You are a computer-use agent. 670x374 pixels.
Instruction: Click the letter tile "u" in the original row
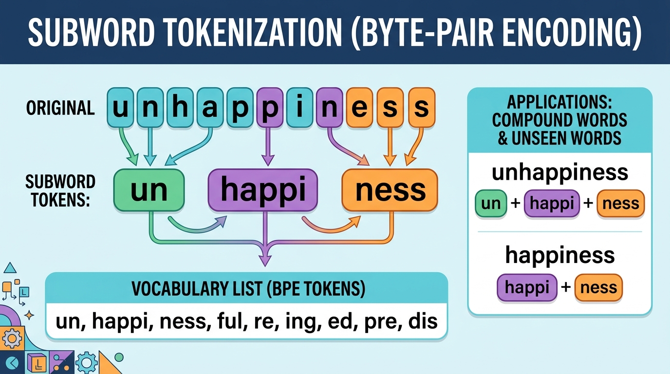click(x=120, y=108)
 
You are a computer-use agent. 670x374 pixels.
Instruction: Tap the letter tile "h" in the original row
click(x=180, y=108)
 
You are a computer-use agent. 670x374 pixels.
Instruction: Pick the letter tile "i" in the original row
click(x=300, y=108)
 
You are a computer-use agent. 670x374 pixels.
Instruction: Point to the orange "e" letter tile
click(x=360, y=108)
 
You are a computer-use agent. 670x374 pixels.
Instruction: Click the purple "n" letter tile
click(x=330, y=108)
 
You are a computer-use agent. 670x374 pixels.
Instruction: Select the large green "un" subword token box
click(x=149, y=190)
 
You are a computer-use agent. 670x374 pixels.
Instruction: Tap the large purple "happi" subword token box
click(x=263, y=190)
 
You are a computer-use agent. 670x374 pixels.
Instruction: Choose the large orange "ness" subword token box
click(x=390, y=190)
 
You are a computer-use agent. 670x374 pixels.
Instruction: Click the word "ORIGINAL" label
click(x=60, y=108)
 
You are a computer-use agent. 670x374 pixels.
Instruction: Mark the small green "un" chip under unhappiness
click(x=491, y=204)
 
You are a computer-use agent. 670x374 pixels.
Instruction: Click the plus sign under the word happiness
click(x=565, y=287)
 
